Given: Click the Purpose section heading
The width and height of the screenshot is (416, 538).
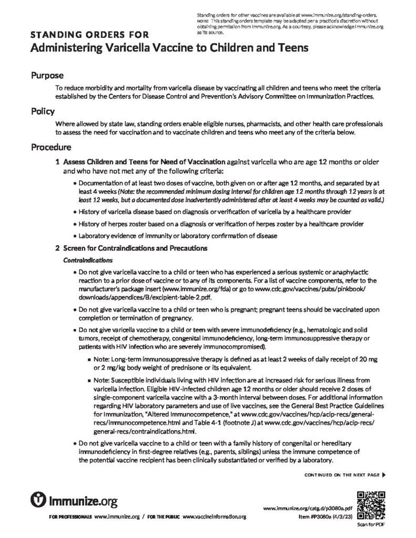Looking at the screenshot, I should pyautogui.click(x=47, y=75).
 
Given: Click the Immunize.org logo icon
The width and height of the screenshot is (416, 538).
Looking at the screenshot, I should pyautogui.click(x=40, y=497).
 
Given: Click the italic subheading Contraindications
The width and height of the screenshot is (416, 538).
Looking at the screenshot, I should pyautogui.click(x=87, y=260).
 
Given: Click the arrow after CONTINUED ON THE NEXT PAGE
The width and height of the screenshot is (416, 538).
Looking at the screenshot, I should pyautogui.click(x=383, y=474).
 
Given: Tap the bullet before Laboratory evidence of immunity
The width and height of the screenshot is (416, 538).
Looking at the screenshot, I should pyautogui.click(x=74, y=236).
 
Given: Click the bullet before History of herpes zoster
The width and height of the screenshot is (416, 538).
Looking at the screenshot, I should pyautogui.click(x=74, y=224).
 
